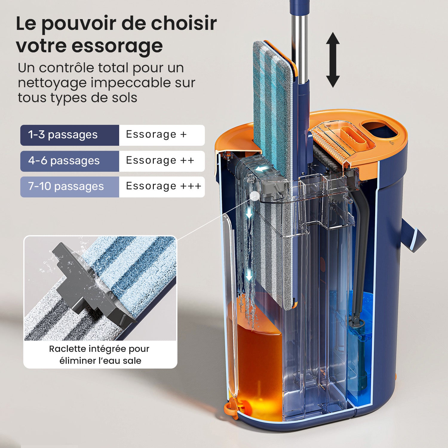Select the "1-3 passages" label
click(63, 135)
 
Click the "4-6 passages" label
click(64, 161)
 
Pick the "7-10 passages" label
click(66, 186)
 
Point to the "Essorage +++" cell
click(163, 186)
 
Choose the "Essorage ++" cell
click(160, 160)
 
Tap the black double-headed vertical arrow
click(333, 60)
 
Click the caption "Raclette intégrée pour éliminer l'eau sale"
click(100, 355)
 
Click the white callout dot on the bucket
click(255, 196)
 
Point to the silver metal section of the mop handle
click(300, 48)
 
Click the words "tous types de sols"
click(77, 98)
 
